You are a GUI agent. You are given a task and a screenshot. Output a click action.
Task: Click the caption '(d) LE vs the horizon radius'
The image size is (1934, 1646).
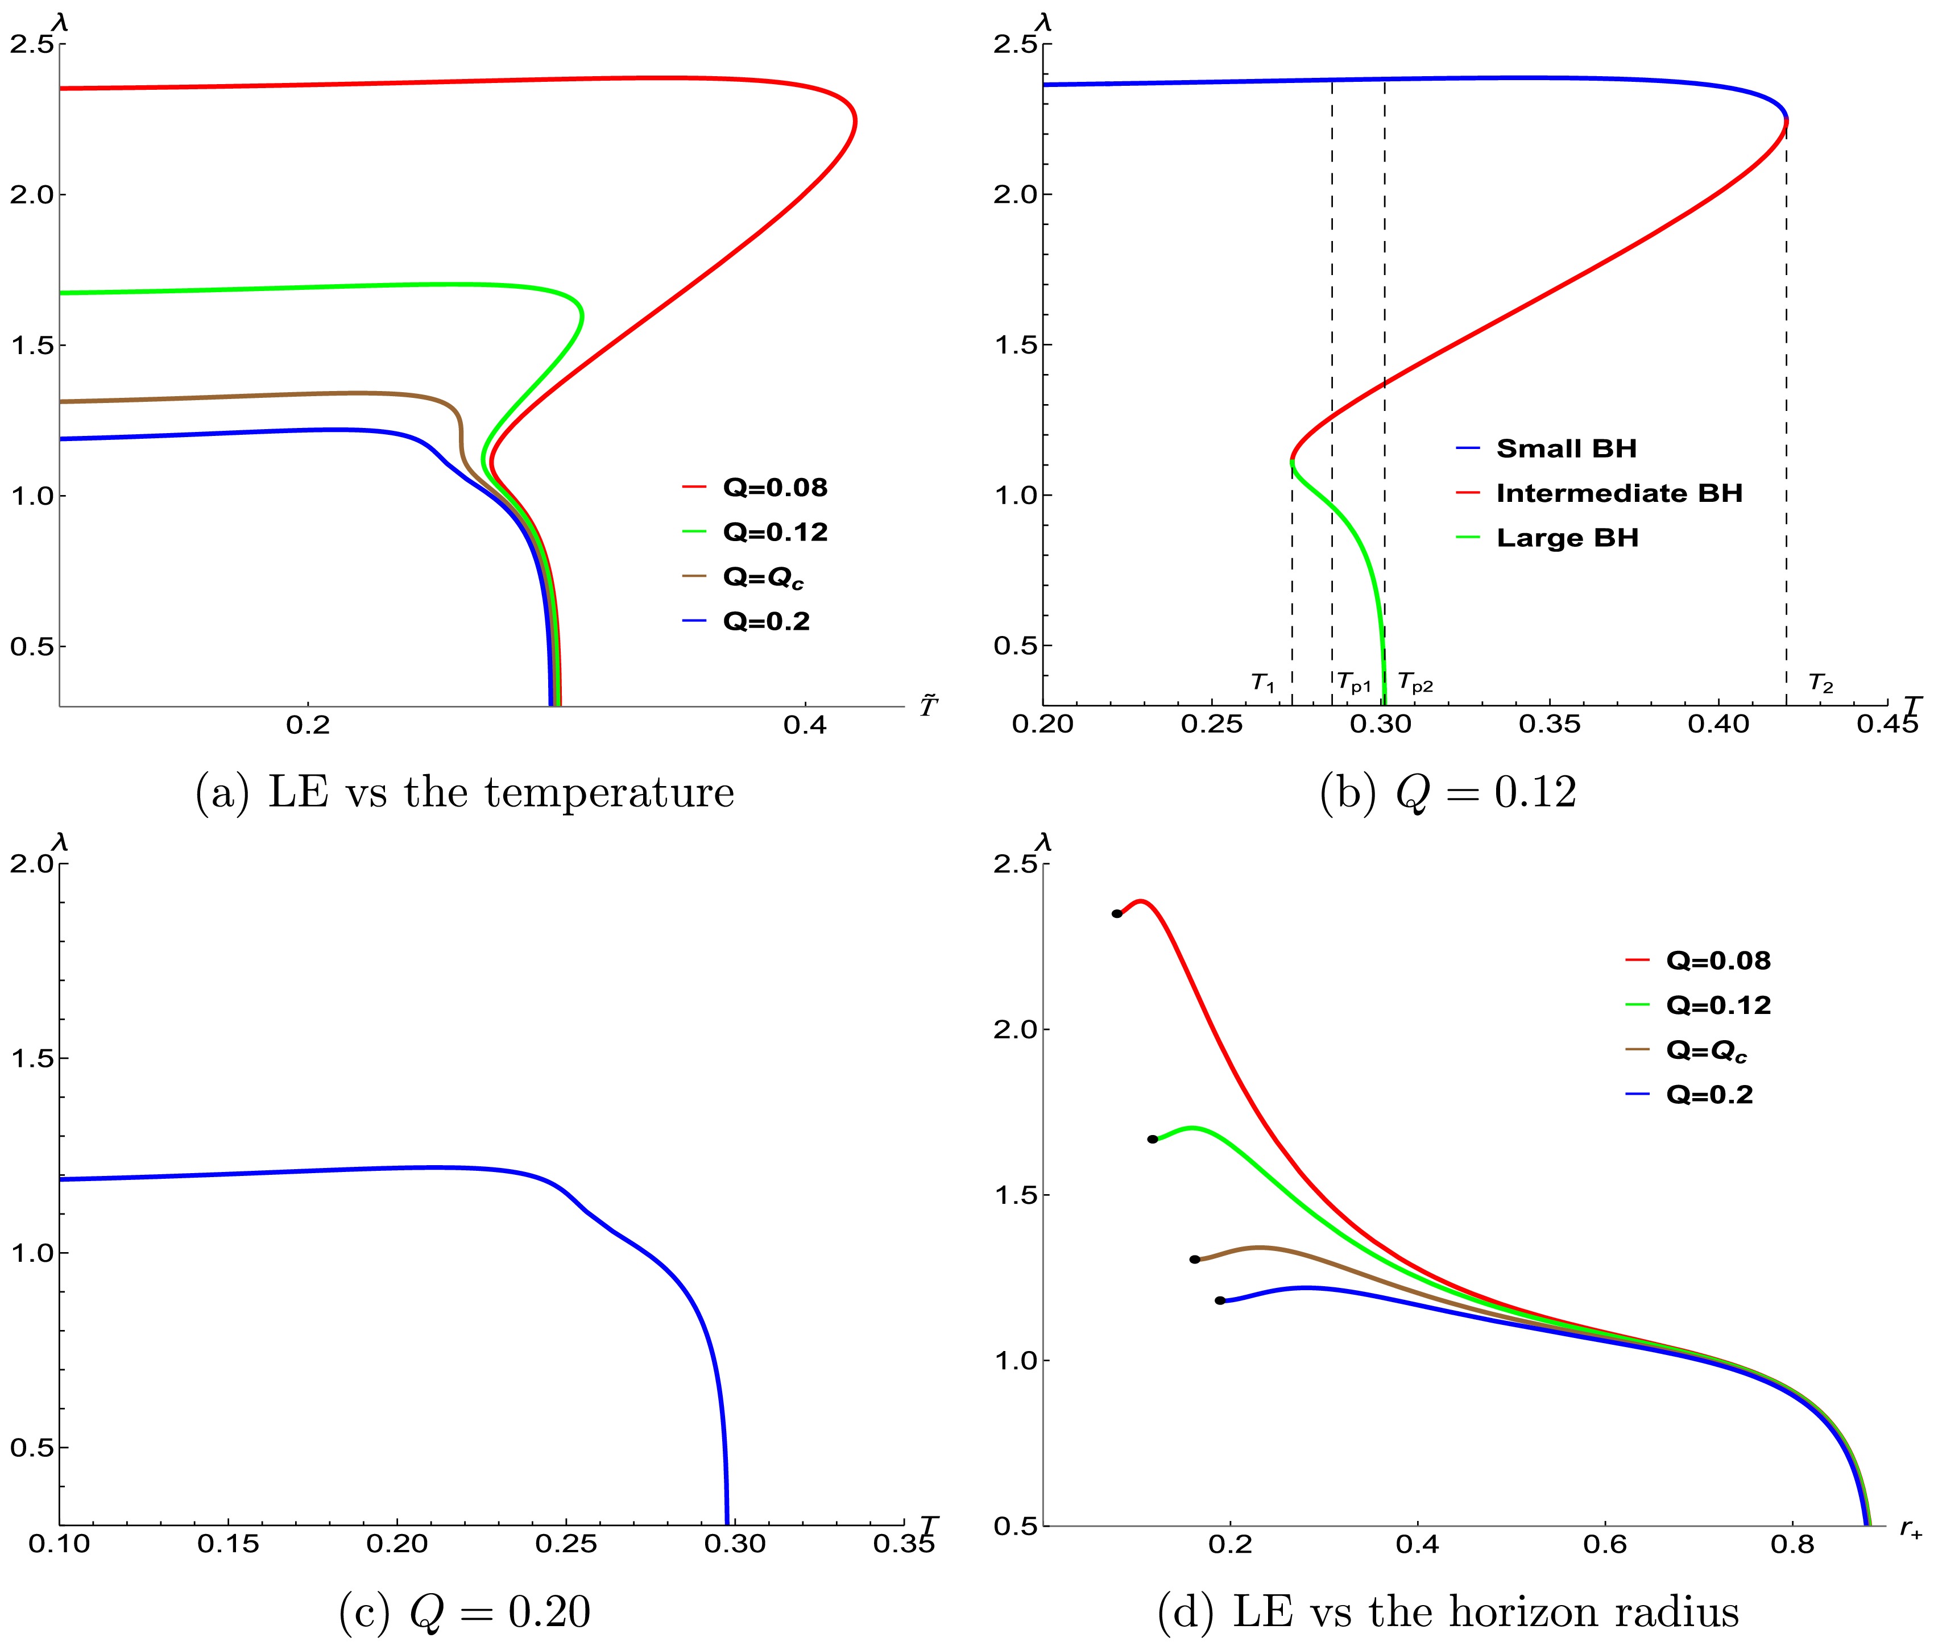[x=1448, y=1611]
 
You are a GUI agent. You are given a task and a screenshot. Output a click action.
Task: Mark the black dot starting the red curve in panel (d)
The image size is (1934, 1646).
[x=1116, y=913]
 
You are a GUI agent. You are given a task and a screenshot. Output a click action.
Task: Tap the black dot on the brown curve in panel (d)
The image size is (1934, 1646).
[x=1195, y=1260]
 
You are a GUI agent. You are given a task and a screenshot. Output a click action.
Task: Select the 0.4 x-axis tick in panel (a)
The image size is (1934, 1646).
[x=805, y=725]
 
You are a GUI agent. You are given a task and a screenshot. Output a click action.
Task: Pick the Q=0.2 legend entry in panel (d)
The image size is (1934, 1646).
[x=1708, y=1095]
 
